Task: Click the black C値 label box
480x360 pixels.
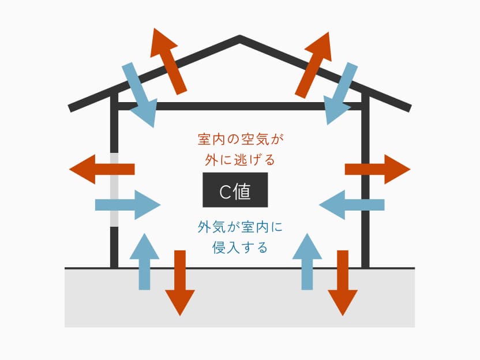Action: point(235,190)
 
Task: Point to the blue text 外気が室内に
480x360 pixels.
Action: point(241,227)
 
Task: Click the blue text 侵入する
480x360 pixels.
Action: point(240,248)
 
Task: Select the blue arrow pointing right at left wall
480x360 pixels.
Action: point(127,204)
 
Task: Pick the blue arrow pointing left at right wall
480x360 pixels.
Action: point(351,204)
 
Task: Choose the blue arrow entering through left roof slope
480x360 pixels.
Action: point(141,95)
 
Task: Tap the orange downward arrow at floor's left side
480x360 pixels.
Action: point(180,283)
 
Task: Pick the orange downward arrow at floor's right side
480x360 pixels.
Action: point(343,283)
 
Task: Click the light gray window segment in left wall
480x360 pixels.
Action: point(114,189)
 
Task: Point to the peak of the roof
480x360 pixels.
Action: point(239,39)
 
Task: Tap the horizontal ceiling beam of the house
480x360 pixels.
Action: point(239,107)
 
